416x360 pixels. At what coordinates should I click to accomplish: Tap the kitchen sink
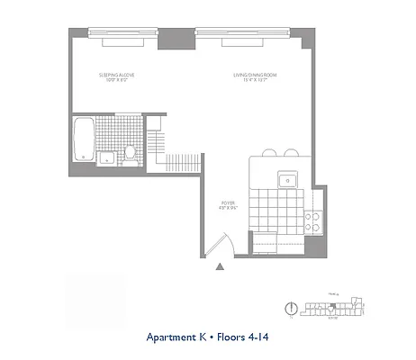coord(289,178)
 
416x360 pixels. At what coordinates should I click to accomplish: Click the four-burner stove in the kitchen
coord(314,220)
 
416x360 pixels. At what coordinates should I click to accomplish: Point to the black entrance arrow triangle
coord(219,265)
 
